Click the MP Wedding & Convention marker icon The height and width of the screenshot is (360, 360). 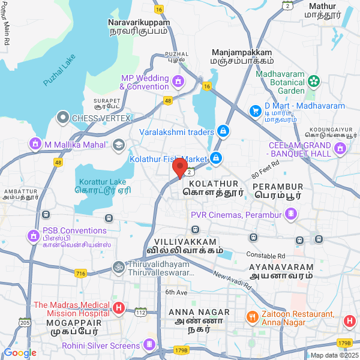178,81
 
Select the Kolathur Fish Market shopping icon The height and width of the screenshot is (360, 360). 216,158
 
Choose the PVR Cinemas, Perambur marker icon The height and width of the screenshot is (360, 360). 291,214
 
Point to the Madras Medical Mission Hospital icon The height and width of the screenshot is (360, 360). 119,309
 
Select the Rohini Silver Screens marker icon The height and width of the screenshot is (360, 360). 149,345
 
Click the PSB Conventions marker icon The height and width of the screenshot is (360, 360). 32,232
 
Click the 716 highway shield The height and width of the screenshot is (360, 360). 80,273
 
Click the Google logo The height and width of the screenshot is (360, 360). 20,353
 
